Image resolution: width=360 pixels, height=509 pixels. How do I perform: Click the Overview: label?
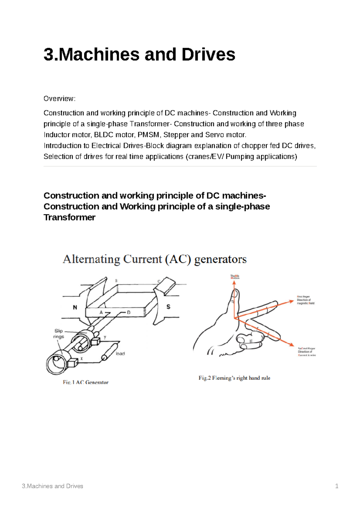click(59, 99)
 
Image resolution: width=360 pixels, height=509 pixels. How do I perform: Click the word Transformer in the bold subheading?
click(69, 217)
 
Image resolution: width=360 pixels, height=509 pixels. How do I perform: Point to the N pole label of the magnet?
click(75, 307)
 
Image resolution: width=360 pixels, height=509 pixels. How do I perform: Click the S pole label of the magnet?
click(168, 307)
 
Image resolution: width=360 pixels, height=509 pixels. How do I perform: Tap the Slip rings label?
click(59, 334)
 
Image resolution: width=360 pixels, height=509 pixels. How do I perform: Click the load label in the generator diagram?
click(120, 354)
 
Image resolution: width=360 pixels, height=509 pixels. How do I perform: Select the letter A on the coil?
click(101, 312)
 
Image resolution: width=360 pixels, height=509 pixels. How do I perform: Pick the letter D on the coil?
click(129, 312)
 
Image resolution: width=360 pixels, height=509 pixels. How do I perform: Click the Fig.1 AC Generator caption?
click(85, 382)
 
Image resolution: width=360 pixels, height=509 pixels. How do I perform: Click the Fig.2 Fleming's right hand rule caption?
click(234, 378)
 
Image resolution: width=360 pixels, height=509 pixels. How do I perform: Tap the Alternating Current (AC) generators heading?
click(154, 259)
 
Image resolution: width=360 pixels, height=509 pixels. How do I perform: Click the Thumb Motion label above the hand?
click(235, 277)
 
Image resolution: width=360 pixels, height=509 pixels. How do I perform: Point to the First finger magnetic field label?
click(305, 300)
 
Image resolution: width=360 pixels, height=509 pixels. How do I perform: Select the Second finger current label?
click(307, 352)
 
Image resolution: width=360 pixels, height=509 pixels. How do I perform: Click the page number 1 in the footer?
click(337, 486)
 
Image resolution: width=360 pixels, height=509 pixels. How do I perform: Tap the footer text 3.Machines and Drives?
click(52, 486)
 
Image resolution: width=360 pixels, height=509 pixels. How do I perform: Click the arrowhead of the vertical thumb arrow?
click(233, 283)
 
